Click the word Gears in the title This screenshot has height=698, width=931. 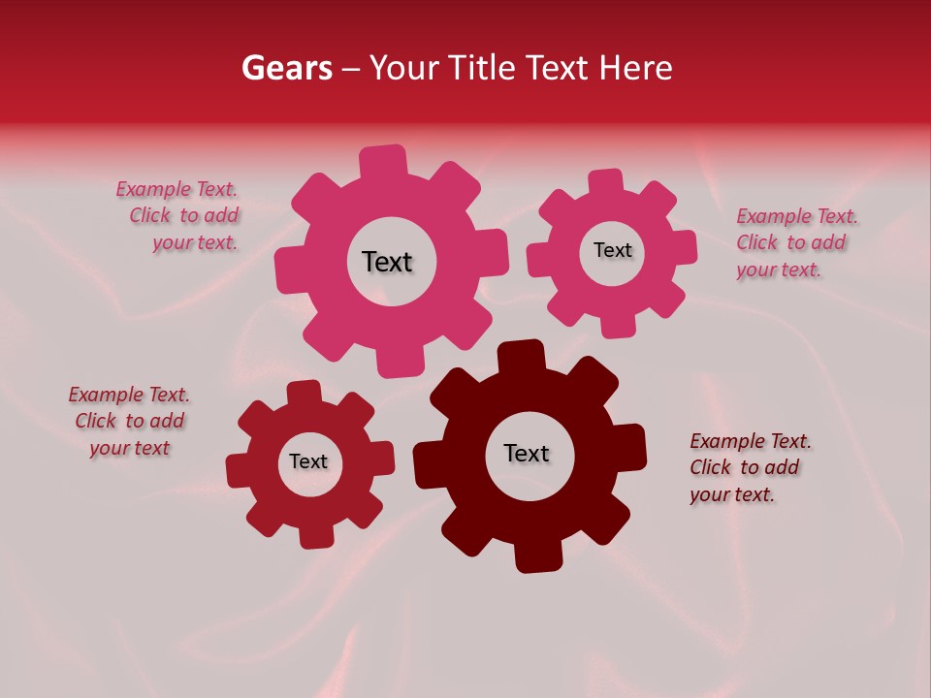click(x=286, y=68)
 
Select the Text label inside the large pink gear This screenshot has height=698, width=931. click(x=387, y=262)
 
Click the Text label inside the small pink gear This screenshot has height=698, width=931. click(x=612, y=250)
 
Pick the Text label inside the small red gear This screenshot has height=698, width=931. click(x=308, y=461)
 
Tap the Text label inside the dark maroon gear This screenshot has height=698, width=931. click(x=527, y=453)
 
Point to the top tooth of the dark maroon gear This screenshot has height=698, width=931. click(x=522, y=356)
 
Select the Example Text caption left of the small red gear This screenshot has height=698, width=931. click(x=130, y=421)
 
